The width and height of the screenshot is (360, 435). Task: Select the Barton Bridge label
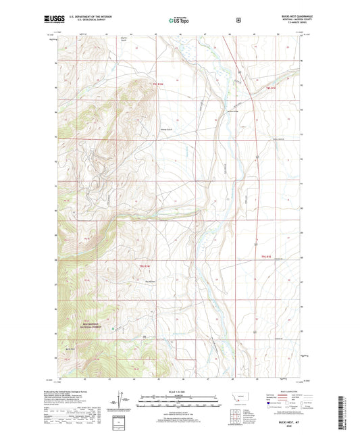[233, 113]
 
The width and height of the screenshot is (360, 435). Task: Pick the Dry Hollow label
[152, 282]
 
